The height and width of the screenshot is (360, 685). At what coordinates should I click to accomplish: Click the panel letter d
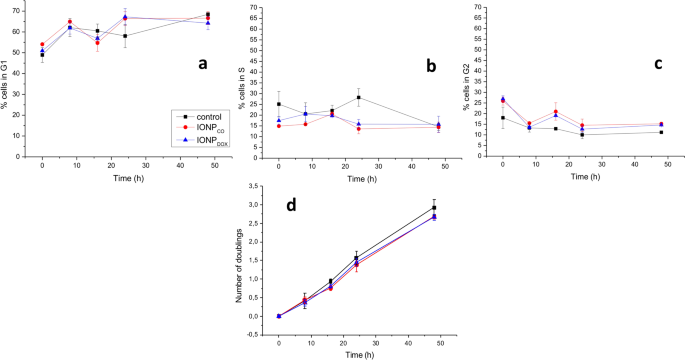point(290,206)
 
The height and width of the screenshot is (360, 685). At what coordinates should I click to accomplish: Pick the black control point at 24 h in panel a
point(125,36)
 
